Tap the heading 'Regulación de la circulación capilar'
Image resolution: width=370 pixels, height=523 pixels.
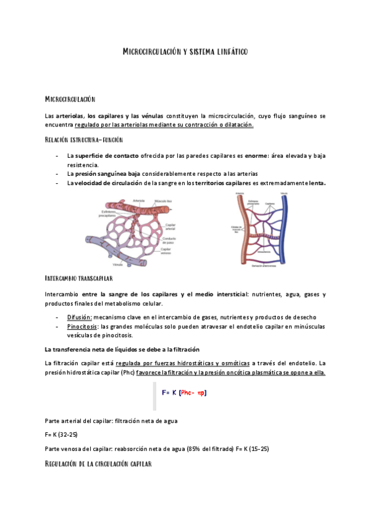coord(98,463)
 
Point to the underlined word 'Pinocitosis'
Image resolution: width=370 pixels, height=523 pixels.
coord(83,326)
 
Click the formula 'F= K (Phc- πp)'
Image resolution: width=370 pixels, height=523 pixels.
coord(183,392)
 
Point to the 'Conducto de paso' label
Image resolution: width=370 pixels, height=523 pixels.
coord(169,240)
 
